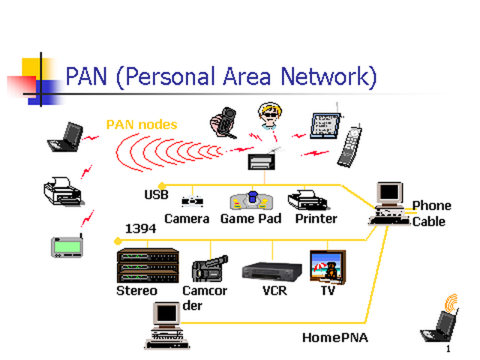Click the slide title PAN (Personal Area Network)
[x=220, y=76]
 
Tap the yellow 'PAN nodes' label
[x=142, y=124]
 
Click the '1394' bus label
[x=140, y=228]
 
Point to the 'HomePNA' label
[x=335, y=337]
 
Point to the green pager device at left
[x=67, y=246]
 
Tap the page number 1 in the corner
[x=448, y=349]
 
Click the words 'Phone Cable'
[x=431, y=214]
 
